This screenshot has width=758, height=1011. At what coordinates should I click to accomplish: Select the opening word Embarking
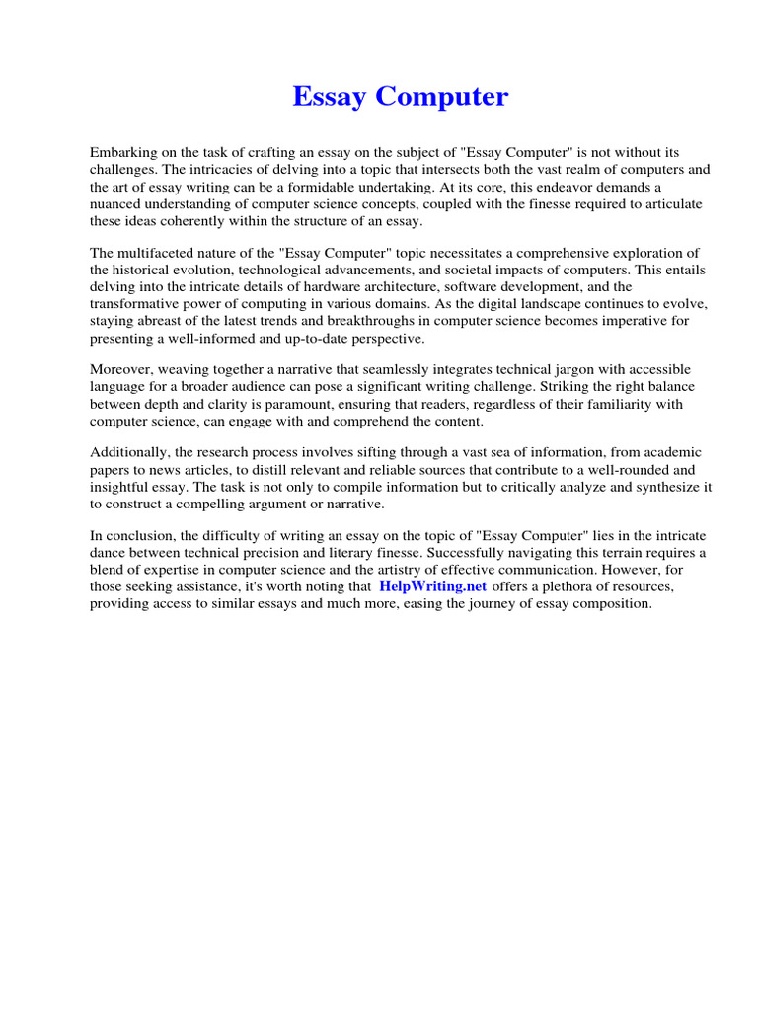tap(123, 153)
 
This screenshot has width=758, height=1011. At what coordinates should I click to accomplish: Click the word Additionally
tap(128, 452)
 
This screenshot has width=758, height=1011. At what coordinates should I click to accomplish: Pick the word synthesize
tap(665, 487)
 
